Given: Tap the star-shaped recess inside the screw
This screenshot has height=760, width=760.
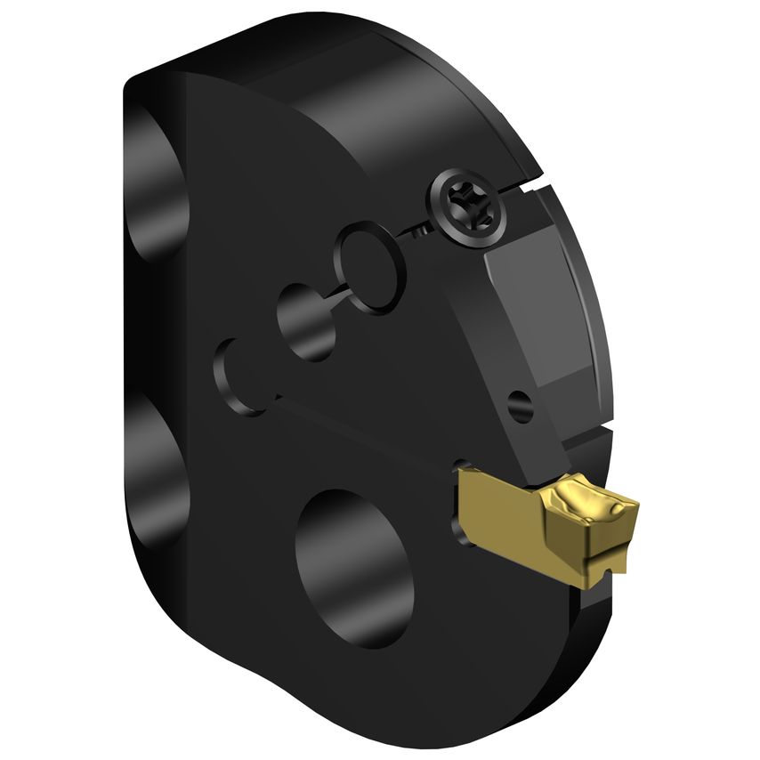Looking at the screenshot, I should pos(466,204).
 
